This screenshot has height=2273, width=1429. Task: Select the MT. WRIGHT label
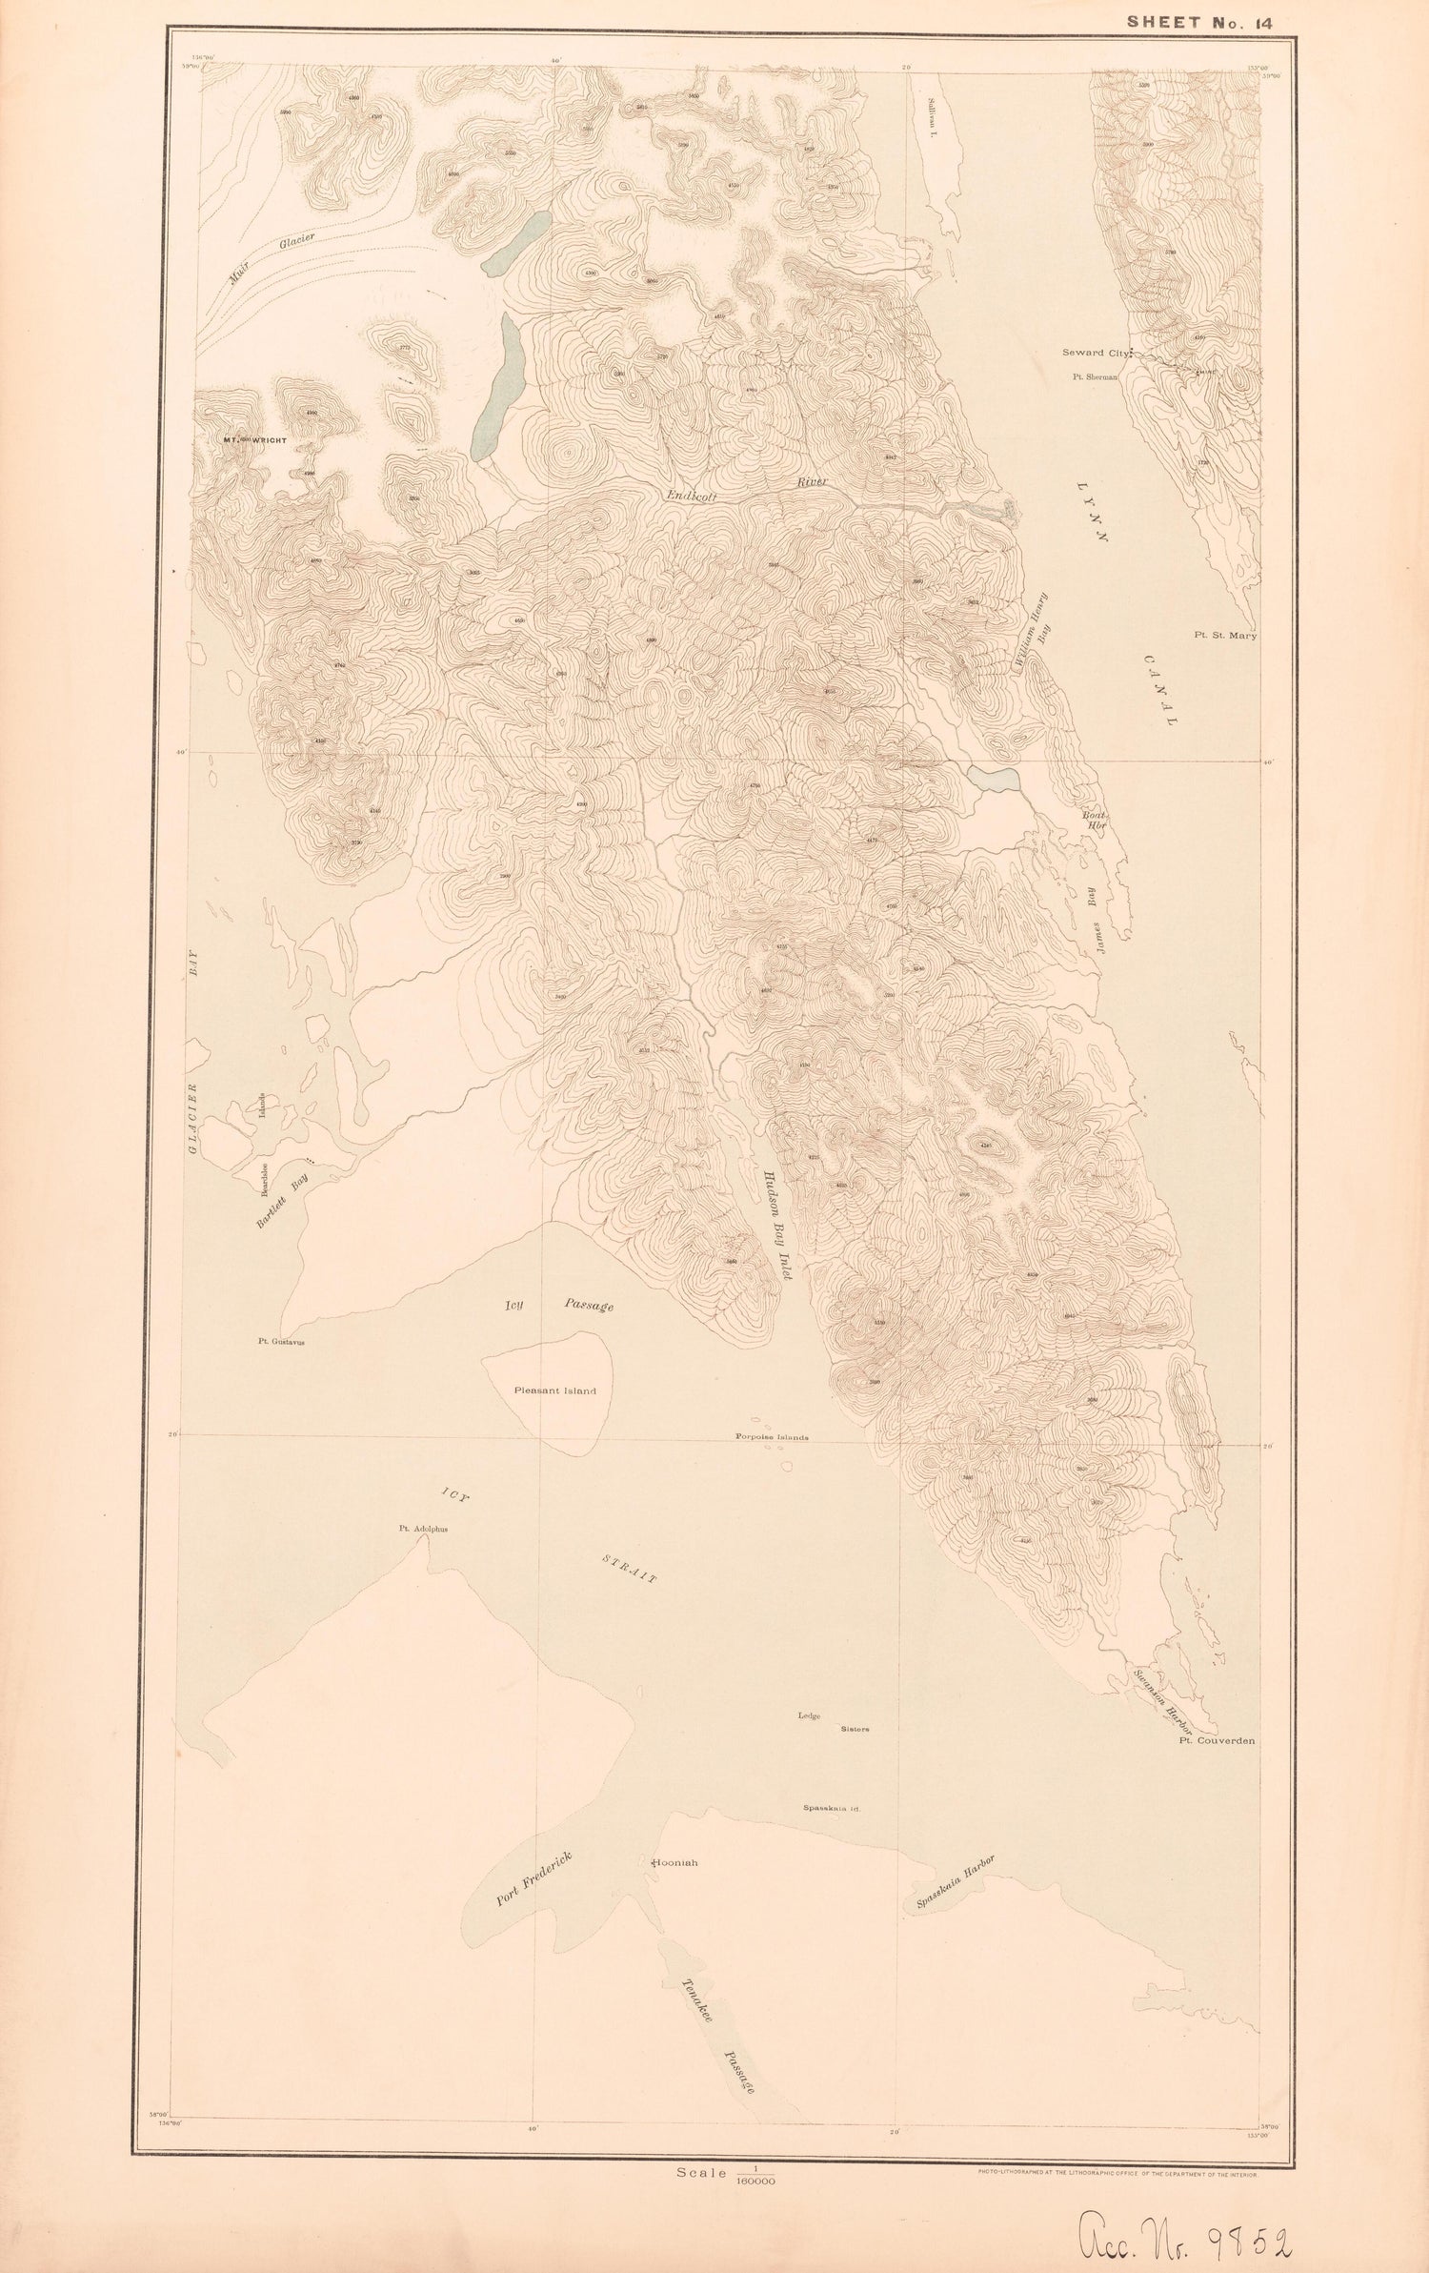[x=254, y=440]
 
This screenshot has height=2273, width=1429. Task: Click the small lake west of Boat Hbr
[x=994, y=778]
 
